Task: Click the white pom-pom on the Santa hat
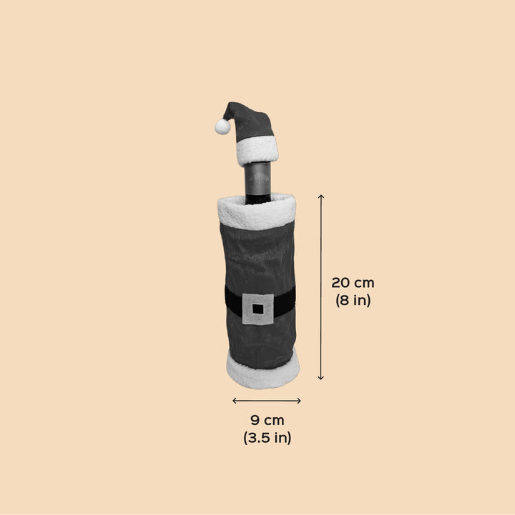pos(222,126)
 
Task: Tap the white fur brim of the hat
pos(257,151)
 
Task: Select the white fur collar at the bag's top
pos(257,212)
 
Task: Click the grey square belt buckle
pos(258,309)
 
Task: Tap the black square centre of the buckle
pos(258,309)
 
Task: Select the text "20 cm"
pos(353,283)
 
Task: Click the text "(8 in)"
pos(353,300)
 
